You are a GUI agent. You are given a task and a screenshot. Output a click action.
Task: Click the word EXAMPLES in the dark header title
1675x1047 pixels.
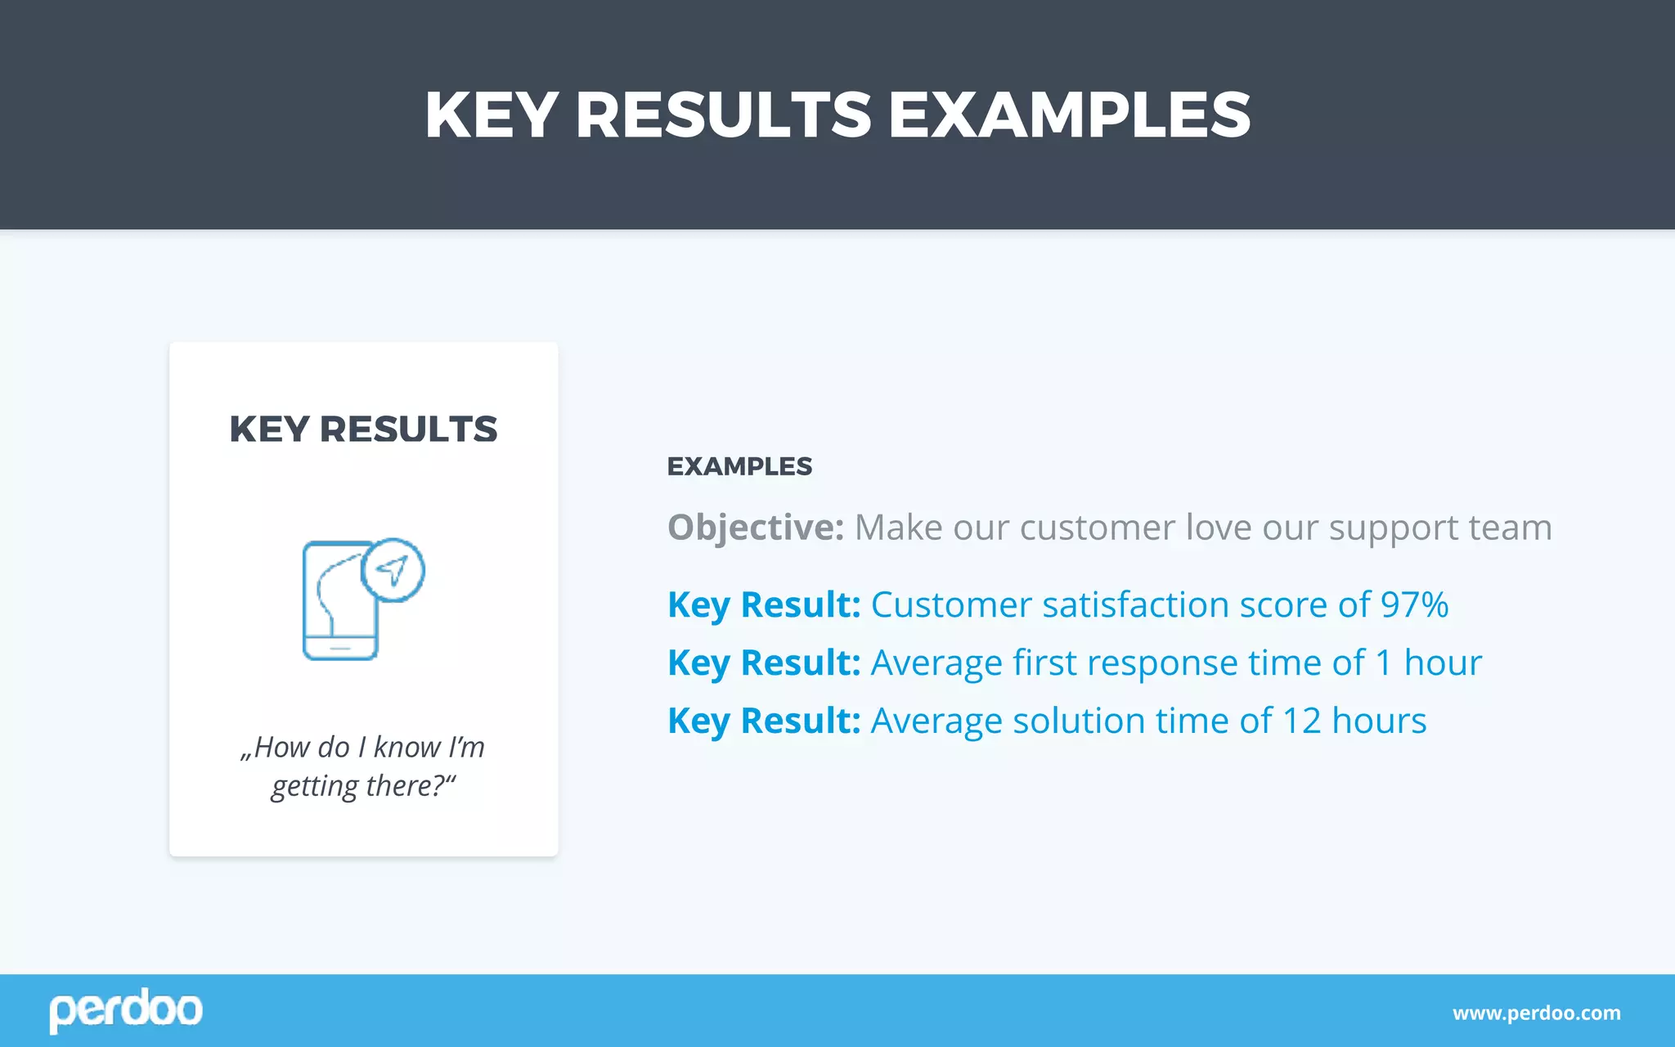(x=1069, y=115)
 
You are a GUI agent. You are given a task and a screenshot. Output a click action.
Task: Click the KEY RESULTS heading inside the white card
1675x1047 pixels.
(x=363, y=429)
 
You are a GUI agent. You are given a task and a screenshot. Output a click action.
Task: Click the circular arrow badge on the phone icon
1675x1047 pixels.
(x=393, y=570)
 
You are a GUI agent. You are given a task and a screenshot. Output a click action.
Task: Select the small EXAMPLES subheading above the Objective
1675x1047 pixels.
(x=739, y=466)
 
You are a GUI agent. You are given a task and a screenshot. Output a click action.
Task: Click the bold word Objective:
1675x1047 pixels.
(x=755, y=528)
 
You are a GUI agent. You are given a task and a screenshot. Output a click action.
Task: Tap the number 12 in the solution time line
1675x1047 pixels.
(x=1301, y=721)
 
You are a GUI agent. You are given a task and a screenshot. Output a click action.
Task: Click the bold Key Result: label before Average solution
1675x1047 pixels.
(x=764, y=721)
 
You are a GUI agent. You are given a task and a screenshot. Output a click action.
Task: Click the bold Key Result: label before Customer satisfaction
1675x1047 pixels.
(x=764, y=605)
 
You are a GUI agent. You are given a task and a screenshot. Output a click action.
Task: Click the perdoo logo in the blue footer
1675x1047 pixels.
(x=125, y=1010)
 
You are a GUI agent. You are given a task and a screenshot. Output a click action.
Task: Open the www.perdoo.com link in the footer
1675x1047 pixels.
(x=1536, y=1013)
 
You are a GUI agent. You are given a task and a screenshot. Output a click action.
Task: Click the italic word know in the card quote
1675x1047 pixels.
(x=407, y=748)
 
